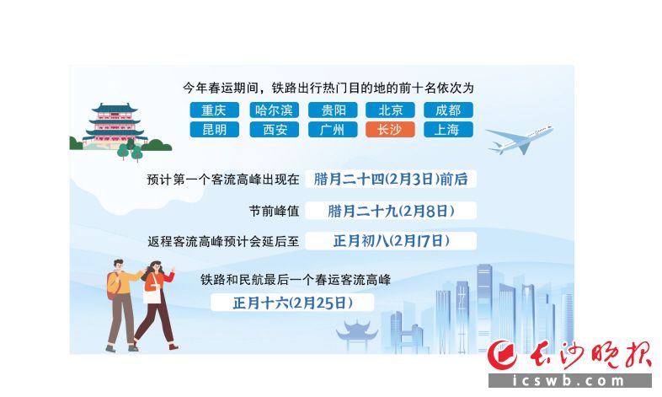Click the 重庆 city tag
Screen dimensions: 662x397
[214, 110]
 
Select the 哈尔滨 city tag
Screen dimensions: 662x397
[274, 110]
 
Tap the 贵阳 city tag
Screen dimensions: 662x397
[333, 110]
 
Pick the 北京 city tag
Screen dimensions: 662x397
[391, 110]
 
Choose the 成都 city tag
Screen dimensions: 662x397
[448, 110]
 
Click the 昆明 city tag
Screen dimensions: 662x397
[214, 130]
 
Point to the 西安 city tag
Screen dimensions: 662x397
[274, 130]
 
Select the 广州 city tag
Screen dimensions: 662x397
[333, 130]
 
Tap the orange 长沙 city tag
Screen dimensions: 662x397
[391, 130]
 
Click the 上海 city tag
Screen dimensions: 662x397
[448, 130]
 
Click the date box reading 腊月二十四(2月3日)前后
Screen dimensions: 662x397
[391, 179]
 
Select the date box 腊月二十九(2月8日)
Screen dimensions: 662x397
[391, 211]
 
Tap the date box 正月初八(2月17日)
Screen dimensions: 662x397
[391, 241]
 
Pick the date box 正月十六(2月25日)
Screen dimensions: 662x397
[292, 303]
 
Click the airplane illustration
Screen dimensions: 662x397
[520, 139]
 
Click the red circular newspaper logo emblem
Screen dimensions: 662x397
[503, 354]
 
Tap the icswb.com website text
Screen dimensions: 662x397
[569, 381]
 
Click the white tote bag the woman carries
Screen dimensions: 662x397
[152, 293]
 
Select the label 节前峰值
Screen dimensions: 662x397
[274, 211]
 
